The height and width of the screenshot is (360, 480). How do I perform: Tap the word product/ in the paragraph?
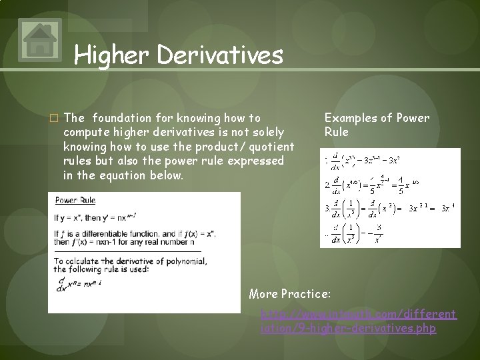tap(222, 147)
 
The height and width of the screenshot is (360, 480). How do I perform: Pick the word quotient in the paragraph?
tap(271, 147)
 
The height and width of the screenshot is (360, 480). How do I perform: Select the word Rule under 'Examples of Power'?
tap(337, 132)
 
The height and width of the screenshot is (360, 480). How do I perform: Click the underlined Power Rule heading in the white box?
tap(75, 200)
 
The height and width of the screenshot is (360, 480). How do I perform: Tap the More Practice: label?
tap(289, 294)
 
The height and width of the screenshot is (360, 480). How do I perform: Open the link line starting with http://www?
tap(359, 314)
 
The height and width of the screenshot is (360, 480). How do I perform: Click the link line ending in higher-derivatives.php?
tap(348, 329)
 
